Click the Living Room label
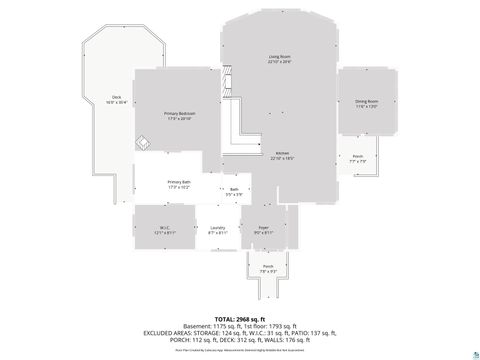(x=279, y=56)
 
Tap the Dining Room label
(x=366, y=101)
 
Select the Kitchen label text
(x=282, y=152)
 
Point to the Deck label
(x=116, y=97)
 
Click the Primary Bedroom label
(x=179, y=113)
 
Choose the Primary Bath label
(x=179, y=182)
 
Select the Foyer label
(x=261, y=227)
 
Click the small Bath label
(x=234, y=189)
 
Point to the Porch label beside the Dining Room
(x=357, y=156)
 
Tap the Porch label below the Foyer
(x=267, y=266)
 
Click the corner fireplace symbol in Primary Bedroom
(x=144, y=144)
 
